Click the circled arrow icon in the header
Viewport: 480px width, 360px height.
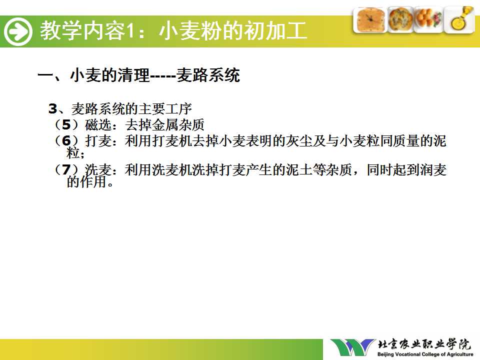click(x=18, y=31)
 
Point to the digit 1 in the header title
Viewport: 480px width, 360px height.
click(x=130, y=31)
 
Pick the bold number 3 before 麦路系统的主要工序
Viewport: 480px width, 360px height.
click(x=53, y=109)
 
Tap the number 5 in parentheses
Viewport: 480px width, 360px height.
click(x=66, y=125)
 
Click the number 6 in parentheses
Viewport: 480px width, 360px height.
click(x=66, y=141)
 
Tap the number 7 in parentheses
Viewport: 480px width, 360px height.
click(x=66, y=169)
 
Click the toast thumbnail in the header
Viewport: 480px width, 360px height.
click(x=370, y=20)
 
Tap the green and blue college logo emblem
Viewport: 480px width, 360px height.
click(x=352, y=347)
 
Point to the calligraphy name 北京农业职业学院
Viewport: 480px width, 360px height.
click(x=424, y=344)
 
